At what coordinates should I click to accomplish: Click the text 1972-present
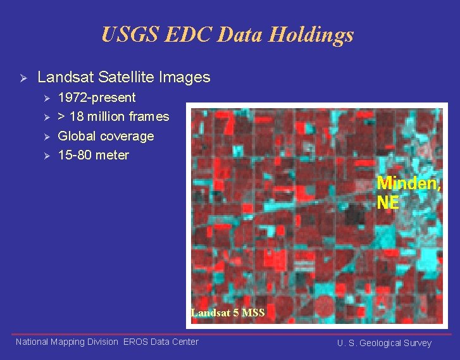click(96, 97)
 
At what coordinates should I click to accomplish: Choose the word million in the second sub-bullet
click(106, 116)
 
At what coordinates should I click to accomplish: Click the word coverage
click(127, 136)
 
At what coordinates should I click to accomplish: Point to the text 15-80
click(75, 155)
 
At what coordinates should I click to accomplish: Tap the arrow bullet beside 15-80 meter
click(45, 156)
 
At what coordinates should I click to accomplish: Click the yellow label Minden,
click(409, 183)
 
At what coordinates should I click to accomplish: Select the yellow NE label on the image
click(388, 202)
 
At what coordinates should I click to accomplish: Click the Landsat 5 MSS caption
click(227, 312)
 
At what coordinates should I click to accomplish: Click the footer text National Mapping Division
click(66, 342)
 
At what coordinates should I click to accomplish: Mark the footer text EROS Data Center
click(161, 342)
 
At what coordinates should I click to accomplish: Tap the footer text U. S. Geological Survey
click(384, 343)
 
